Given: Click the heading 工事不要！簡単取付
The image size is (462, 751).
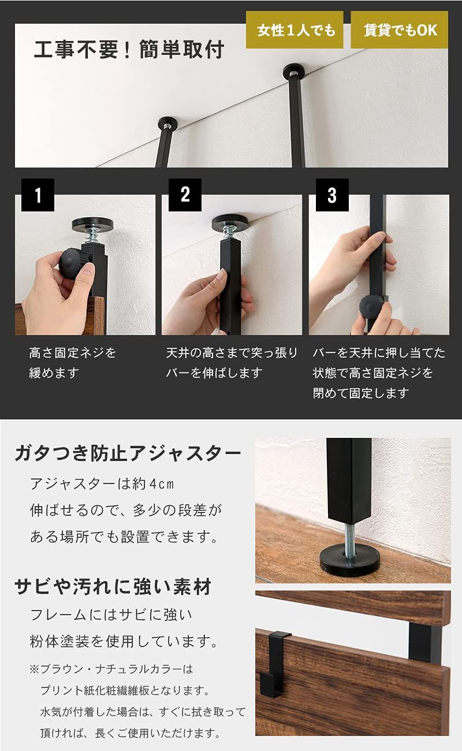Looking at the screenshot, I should (x=128, y=50).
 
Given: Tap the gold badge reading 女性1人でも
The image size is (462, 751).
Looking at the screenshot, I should (x=295, y=30).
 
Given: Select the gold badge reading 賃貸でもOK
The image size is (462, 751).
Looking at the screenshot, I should (x=400, y=30).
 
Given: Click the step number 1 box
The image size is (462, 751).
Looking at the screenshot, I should (x=38, y=195).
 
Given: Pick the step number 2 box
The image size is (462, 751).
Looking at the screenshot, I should (x=185, y=195).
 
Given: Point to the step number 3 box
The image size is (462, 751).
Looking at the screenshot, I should (x=331, y=195).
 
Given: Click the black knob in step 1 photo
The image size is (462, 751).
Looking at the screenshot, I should (x=74, y=264).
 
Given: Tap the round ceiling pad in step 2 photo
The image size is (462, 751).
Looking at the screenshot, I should (x=233, y=222).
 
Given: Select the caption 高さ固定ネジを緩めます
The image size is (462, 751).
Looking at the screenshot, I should (x=72, y=363).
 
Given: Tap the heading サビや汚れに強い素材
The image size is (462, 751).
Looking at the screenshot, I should (x=113, y=588).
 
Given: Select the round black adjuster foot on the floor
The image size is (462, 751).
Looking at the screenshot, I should (x=350, y=561).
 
